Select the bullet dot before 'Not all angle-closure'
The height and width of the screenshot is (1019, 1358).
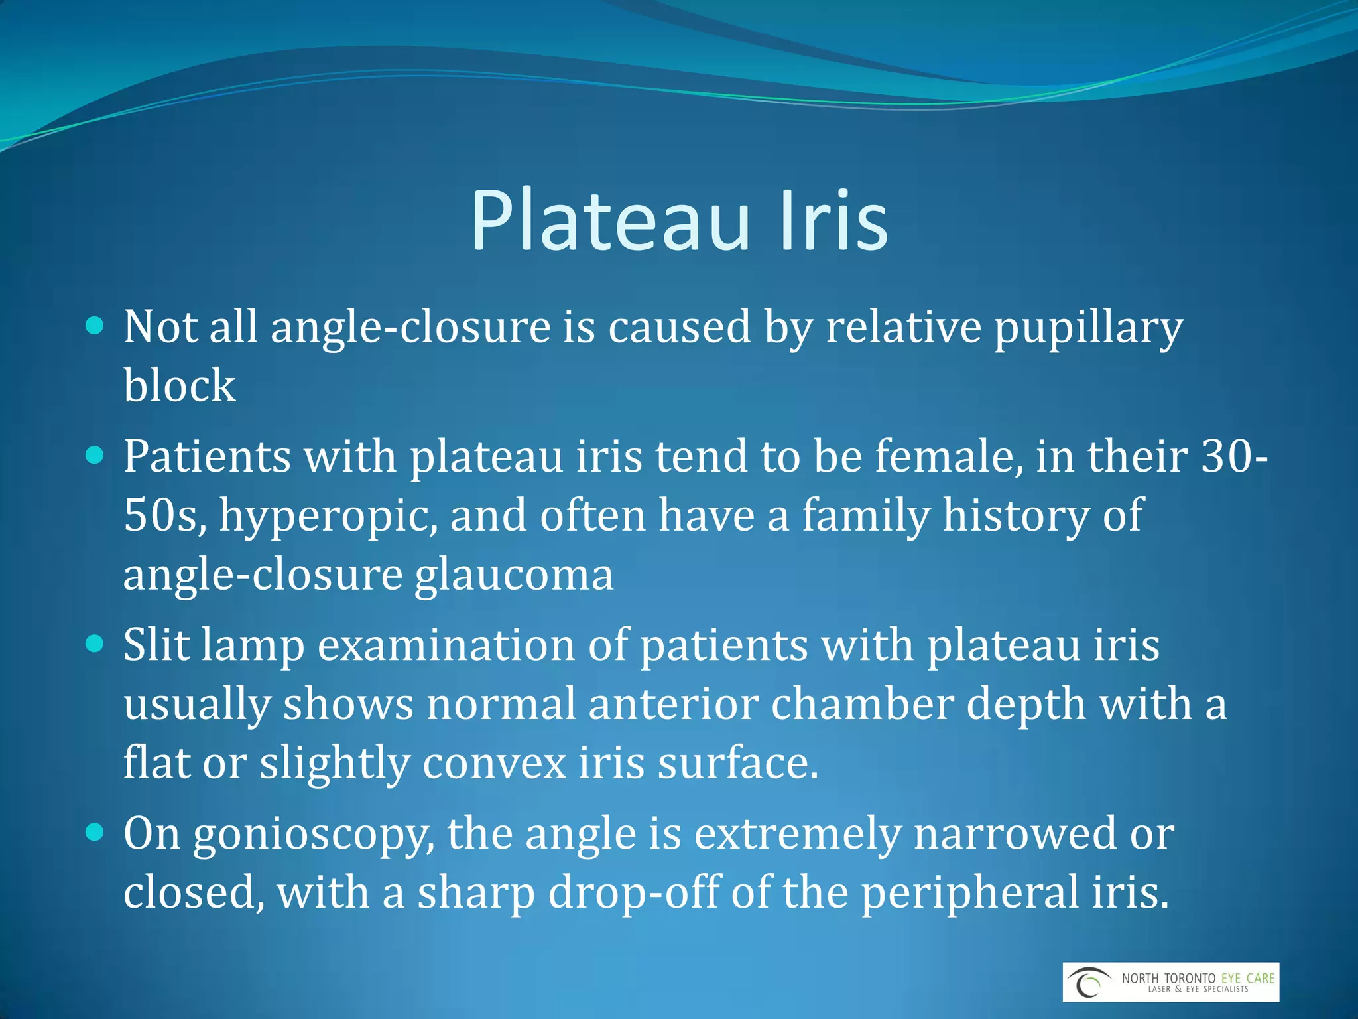tap(95, 325)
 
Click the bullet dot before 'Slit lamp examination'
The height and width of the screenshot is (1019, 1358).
tap(95, 644)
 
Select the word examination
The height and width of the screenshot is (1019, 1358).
tap(446, 645)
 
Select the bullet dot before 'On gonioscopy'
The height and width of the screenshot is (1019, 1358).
tap(95, 832)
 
